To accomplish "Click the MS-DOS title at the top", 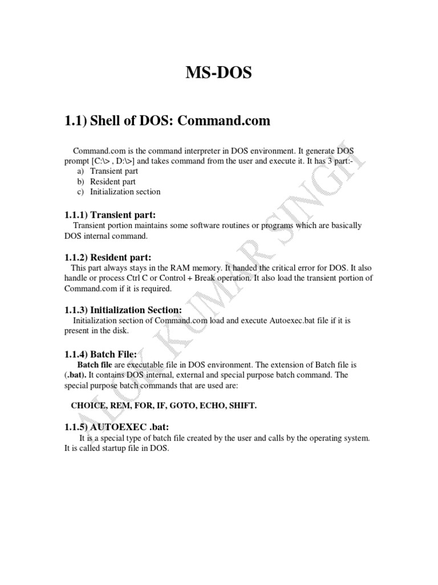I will [x=218, y=74].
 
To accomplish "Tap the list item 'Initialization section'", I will [x=125, y=191].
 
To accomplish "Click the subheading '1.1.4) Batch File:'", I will [x=100, y=354].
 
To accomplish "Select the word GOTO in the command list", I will [x=196, y=406].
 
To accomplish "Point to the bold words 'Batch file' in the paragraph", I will [x=94, y=364].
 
